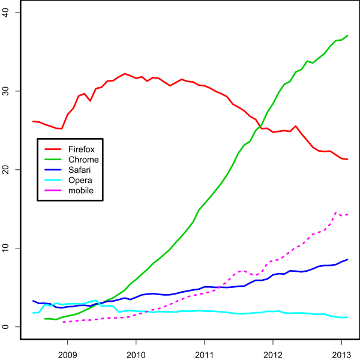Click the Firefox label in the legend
(82, 149)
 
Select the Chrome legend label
(83, 160)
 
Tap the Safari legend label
(80, 170)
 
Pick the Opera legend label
(80, 181)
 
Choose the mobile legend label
(81, 191)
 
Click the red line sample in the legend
(53, 149)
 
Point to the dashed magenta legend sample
(53, 191)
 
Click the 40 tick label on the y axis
(7, 12)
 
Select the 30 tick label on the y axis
(7, 91)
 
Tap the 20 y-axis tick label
(7, 169)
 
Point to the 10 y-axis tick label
(7, 248)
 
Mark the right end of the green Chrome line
(347, 35)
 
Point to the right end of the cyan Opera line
(347, 317)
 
